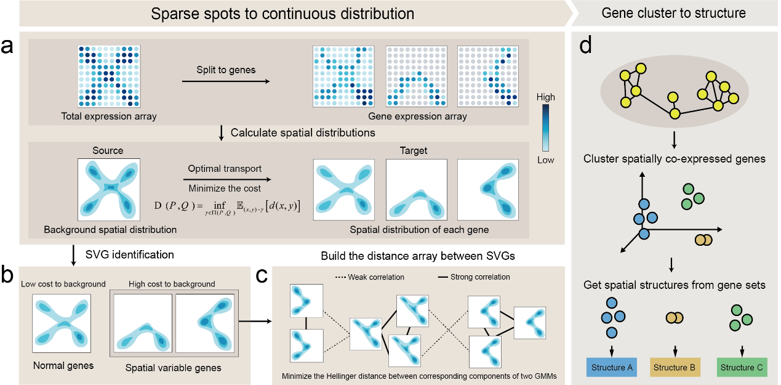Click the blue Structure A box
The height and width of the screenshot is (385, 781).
point(612,368)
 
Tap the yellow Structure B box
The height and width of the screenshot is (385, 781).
point(674,368)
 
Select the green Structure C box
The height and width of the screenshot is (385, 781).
point(742,368)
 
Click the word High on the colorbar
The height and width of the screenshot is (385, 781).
point(545,97)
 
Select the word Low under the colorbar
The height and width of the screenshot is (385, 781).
point(545,160)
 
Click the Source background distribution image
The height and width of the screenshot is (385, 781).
point(108,190)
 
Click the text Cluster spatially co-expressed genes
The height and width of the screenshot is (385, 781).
point(675,160)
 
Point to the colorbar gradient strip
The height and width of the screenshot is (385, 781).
point(545,128)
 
